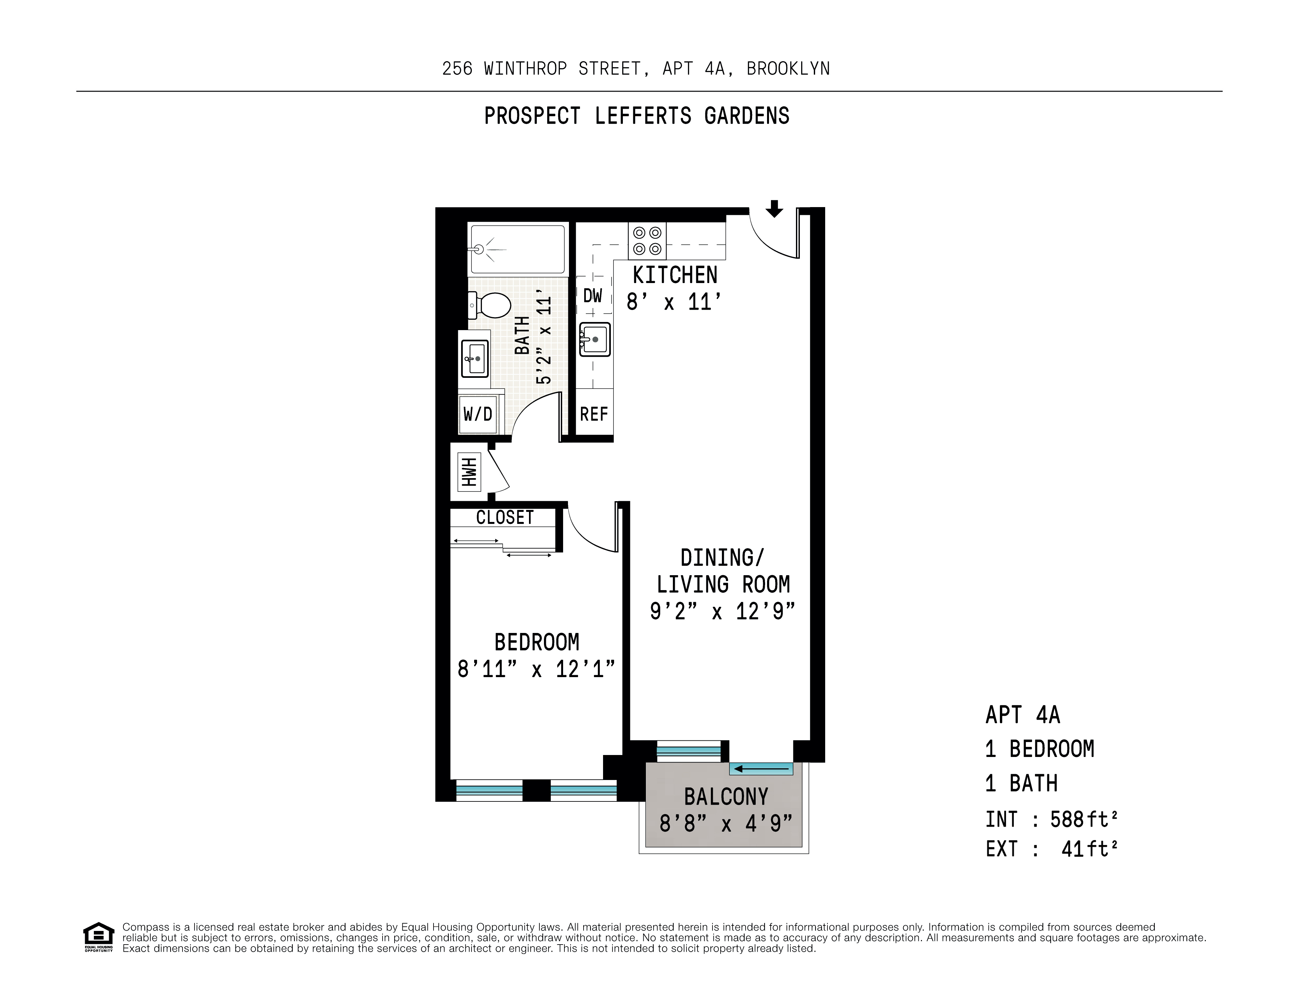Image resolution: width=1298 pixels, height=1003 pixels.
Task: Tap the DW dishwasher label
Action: coord(593,295)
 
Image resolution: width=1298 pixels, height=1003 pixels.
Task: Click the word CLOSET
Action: coord(505,517)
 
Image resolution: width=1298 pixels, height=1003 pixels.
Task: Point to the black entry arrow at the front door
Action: coord(774,209)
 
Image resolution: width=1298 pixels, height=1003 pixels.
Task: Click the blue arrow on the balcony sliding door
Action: coord(761,769)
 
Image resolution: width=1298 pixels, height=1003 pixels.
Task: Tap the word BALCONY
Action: coord(726,797)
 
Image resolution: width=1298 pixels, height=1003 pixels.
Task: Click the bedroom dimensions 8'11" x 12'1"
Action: coord(536,669)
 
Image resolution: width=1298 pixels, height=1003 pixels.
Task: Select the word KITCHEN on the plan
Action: coord(675,275)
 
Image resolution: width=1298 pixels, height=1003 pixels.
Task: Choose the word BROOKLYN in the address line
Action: coord(788,69)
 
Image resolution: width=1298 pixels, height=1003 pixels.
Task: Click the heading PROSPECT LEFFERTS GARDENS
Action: coord(637,116)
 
